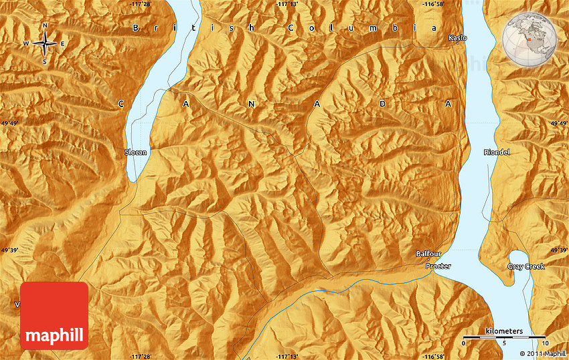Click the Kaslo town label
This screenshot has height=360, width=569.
click(458, 38)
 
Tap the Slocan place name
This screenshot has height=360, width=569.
click(135, 152)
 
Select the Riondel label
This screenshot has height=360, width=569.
click(497, 152)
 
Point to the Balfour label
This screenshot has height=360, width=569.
click(428, 254)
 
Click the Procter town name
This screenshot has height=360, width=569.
click(438, 266)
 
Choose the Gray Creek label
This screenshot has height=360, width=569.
click(525, 266)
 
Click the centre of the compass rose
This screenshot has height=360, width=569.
click(45, 44)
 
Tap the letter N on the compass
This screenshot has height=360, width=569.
click(45, 26)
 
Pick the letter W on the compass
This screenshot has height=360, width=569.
click(27, 44)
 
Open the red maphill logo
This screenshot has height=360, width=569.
click(54, 315)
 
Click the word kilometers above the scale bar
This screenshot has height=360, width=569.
click(504, 331)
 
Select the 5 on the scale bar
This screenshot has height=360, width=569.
click(504, 343)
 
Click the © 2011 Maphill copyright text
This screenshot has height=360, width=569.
click(543, 353)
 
